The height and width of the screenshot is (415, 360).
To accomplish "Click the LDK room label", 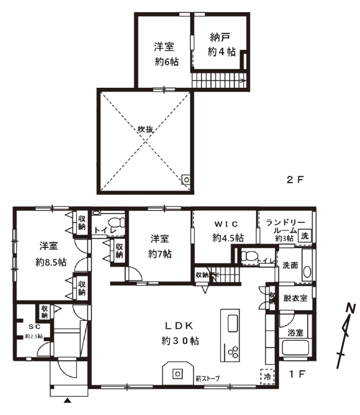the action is tap(179, 326).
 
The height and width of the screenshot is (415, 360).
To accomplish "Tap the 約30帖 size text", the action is tap(180, 341).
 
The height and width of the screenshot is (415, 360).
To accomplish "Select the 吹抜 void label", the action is tap(145, 129).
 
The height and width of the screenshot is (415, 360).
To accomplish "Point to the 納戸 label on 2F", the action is tap(220, 37).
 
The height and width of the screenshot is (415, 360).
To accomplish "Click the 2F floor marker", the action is tap(294, 180).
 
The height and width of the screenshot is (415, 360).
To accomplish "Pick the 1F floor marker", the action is tap(297, 374).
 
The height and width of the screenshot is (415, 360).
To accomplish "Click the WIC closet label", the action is tap(226, 224).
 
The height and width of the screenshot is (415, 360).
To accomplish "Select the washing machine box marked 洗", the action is tap(305, 236).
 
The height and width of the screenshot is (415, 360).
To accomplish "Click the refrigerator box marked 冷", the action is tap(267, 377).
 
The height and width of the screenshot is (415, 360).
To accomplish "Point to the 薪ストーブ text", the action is tap(208, 378).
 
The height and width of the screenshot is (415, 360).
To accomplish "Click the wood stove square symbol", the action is tap(178, 374).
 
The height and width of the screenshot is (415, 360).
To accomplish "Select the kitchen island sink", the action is tap(233, 323).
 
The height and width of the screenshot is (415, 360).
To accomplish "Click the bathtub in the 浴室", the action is tap(296, 349).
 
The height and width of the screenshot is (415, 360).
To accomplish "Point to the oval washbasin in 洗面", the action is tap(307, 272).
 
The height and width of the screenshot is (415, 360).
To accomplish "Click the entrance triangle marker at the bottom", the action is tap(68, 400).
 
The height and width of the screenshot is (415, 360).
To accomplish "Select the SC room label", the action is tap(35, 327).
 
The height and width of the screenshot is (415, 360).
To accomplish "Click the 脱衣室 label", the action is tap(296, 298).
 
